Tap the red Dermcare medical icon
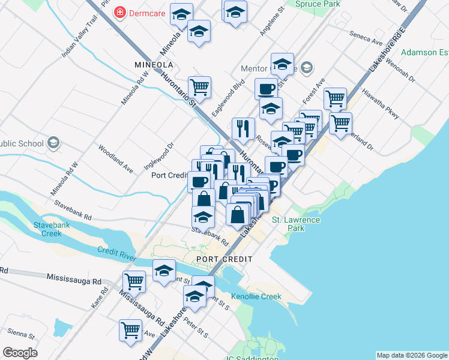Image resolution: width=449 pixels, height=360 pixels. point(121,11)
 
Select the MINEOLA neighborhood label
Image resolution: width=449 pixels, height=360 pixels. point(154,64)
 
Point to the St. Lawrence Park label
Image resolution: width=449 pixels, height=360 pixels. point(296,224)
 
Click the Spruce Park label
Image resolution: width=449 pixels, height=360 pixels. point(318,4)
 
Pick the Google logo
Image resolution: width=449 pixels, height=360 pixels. point(20,353)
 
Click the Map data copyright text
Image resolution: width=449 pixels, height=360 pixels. point(411,355)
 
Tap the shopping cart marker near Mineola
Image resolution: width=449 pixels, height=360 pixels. point(199,86)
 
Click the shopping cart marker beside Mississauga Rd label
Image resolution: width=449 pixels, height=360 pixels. point(134,280)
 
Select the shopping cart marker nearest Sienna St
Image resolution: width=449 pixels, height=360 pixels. point(130,330)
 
